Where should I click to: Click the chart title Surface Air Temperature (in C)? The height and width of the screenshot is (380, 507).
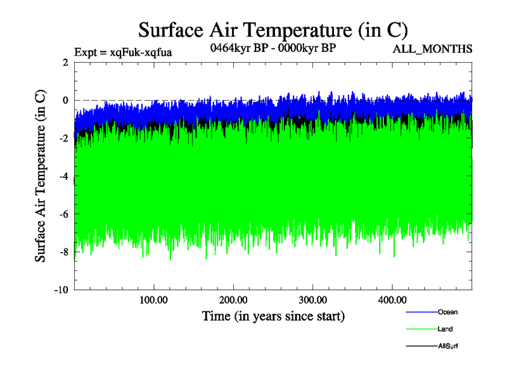tap(273, 29)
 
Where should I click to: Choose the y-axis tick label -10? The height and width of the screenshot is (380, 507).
tap(61, 290)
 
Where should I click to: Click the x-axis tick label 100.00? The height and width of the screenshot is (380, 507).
tap(154, 300)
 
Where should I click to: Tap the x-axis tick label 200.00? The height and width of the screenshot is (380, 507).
tap(234, 300)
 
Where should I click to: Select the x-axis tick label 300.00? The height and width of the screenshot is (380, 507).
tap(313, 300)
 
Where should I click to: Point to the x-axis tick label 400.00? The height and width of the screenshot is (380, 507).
tap(392, 300)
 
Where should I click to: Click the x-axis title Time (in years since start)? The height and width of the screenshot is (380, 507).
tap(273, 315)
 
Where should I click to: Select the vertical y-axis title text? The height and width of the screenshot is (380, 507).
tap(40, 176)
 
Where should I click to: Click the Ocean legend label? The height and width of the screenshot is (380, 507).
tap(447, 312)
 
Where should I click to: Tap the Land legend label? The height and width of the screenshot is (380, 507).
tap(445, 329)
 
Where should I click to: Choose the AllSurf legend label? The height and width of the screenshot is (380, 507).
tap(447, 346)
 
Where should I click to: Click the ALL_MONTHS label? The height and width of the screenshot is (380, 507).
tap(433, 49)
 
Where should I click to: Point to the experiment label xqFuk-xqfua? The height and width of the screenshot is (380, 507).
tap(123, 52)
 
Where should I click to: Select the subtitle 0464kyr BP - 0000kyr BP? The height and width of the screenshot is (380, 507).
tap(273, 47)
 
